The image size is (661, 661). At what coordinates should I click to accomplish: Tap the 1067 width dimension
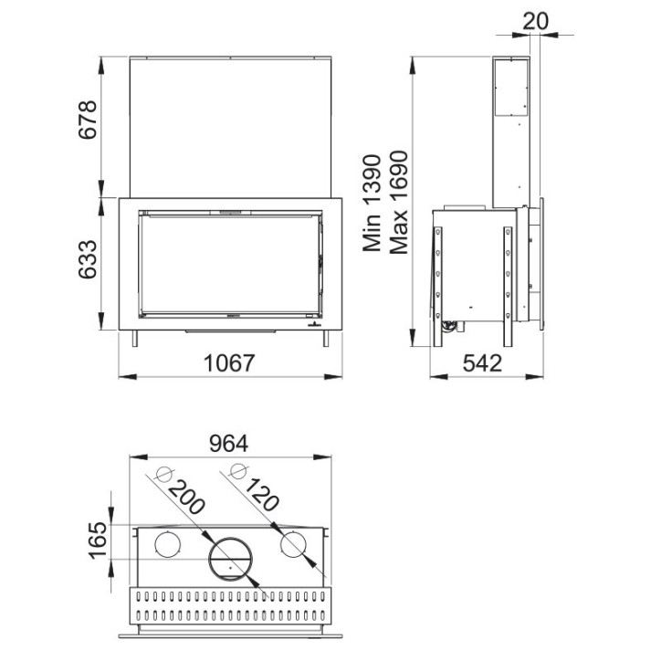coord(227,362)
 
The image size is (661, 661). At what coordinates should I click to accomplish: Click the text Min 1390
coord(373,203)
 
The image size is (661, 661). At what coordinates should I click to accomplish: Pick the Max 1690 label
coord(398,203)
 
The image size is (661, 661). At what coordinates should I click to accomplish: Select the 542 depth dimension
coord(483,362)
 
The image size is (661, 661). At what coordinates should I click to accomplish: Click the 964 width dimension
coord(228,443)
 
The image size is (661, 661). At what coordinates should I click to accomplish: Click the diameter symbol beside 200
coord(164,474)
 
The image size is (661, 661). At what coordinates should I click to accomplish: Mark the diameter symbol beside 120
coord(239,472)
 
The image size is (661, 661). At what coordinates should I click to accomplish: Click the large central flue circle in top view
coord(228,558)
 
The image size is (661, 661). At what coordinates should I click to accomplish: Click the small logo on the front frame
coord(314,322)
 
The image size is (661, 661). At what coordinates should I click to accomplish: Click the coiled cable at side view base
coord(448,321)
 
